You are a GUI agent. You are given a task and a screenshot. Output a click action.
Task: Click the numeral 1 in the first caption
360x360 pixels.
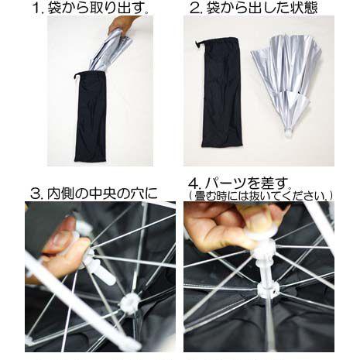(x=36, y=9)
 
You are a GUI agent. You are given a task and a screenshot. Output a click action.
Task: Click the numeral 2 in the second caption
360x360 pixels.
(x=194, y=9)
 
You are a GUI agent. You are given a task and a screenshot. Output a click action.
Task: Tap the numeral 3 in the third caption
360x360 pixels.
(x=36, y=193)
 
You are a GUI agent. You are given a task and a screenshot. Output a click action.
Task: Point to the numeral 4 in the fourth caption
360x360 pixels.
(x=193, y=183)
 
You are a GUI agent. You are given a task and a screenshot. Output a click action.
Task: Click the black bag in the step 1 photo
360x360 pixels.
(x=91, y=118)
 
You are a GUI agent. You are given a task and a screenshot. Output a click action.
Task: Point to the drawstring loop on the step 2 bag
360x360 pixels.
(x=198, y=44)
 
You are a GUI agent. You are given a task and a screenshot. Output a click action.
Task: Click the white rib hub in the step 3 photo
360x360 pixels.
(x=130, y=303)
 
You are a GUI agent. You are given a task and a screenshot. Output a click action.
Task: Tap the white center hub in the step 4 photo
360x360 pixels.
(x=269, y=290)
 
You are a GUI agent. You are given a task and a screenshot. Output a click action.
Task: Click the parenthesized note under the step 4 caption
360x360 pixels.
(x=261, y=196)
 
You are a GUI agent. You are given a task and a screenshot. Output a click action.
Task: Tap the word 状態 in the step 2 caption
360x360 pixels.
(x=303, y=9)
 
